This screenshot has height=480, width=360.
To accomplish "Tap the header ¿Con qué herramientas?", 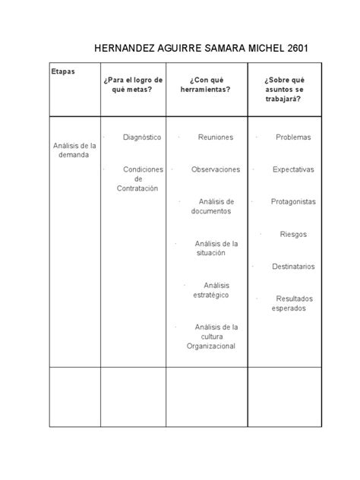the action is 209,84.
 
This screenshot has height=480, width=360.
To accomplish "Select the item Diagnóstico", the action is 142,137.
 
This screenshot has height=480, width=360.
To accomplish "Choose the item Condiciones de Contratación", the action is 137,178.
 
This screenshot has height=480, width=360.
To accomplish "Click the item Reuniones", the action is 216,137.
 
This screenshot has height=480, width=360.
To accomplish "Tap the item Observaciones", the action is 216,169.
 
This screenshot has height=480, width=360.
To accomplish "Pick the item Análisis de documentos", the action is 216,207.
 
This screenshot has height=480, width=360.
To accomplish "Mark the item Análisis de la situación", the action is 216,248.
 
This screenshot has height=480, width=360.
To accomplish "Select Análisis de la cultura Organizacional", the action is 216,336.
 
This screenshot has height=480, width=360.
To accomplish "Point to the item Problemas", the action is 294,137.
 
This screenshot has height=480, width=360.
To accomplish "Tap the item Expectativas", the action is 294,169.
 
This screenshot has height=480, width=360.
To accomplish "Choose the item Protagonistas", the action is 293,202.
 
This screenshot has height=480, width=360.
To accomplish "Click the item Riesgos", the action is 293,235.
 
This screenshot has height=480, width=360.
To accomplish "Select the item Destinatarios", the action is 293,267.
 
